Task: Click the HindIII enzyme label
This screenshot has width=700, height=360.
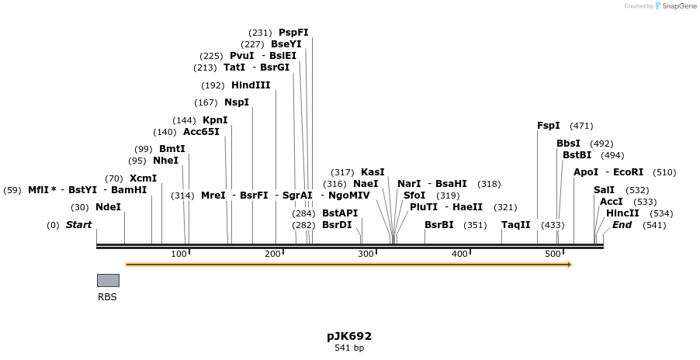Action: coord(251,85)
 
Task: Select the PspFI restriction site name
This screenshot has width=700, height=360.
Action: coord(293,33)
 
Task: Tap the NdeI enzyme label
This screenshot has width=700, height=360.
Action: coord(109,207)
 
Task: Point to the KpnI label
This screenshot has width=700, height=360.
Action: coord(215,120)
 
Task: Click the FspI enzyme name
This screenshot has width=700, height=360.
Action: coord(549,126)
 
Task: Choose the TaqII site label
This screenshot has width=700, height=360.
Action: coord(516,225)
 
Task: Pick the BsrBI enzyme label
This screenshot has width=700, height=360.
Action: coord(439,225)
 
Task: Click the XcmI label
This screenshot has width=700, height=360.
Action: coord(143,178)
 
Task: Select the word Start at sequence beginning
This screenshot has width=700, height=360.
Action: coord(78,225)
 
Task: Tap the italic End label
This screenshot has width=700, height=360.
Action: coord(622,225)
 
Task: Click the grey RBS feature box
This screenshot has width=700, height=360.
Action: coord(108,280)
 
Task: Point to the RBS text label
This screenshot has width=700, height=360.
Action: coord(107,296)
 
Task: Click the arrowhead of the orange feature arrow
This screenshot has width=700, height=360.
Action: coord(570,265)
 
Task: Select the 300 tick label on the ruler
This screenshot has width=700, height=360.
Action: coord(366,254)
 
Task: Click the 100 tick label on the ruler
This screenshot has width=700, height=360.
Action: coord(178,254)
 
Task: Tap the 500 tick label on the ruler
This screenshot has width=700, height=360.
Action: coord(553,254)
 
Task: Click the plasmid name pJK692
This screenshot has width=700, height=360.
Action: coord(349,336)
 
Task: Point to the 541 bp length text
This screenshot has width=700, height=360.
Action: coord(349,348)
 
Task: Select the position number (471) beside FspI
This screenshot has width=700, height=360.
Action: coord(581,126)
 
